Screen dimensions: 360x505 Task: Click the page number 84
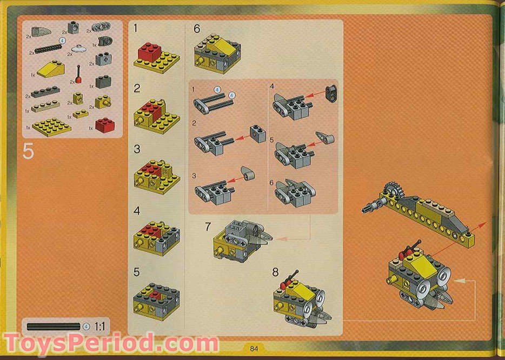pyautogui.click(x=252, y=348)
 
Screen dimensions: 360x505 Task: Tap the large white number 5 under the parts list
pyautogui.click(x=28, y=152)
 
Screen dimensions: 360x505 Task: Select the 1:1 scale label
pyautogui.click(x=100, y=326)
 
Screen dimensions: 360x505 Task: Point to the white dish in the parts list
pyautogui.click(x=80, y=49)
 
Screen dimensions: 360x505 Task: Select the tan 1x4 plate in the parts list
pyautogui.click(x=45, y=106)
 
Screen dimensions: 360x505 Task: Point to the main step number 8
pyautogui.click(x=275, y=272)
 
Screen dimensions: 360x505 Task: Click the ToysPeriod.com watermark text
pyautogui.click(x=111, y=344)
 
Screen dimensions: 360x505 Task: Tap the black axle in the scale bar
pyautogui.click(x=54, y=326)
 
